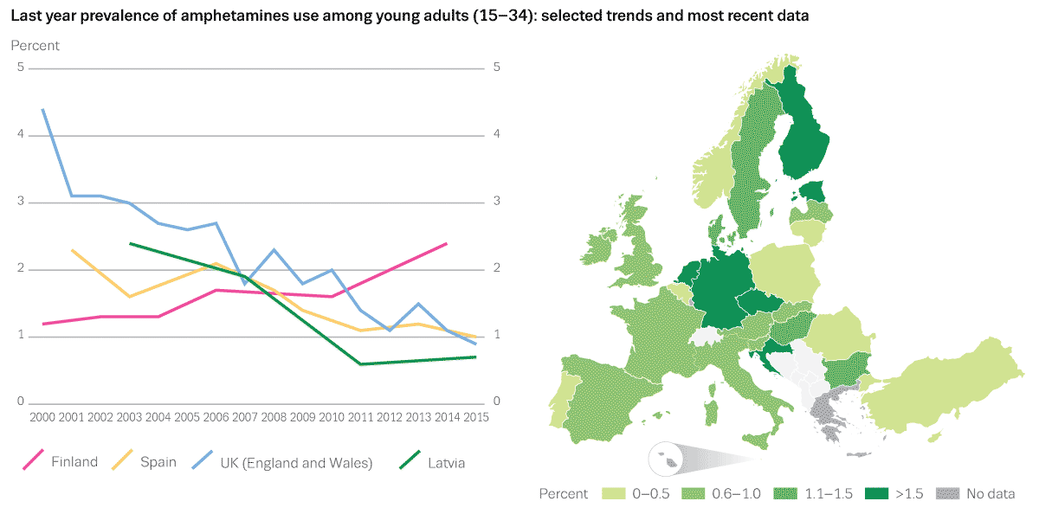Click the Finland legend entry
pyautogui.click(x=74, y=463)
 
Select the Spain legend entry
pyautogui.click(x=158, y=463)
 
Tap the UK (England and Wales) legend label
pyautogui.click(x=296, y=463)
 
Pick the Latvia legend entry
pyautogui.click(x=446, y=463)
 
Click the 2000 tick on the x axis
pyautogui.click(x=42, y=417)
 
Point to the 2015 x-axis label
pyautogui.click(x=475, y=417)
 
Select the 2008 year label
pyautogui.click(x=274, y=417)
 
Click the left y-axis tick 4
pyautogui.click(x=20, y=135)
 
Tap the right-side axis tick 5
pyautogui.click(x=496, y=67)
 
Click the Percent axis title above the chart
pyautogui.click(x=35, y=45)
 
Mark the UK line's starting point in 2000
pyautogui.click(x=43, y=110)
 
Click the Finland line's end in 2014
pyautogui.click(x=446, y=244)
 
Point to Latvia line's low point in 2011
pyautogui.click(x=360, y=364)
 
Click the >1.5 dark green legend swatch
pyautogui.click(x=878, y=494)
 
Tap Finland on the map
pyautogui.click(x=803, y=138)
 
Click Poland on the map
pyautogui.click(x=784, y=273)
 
